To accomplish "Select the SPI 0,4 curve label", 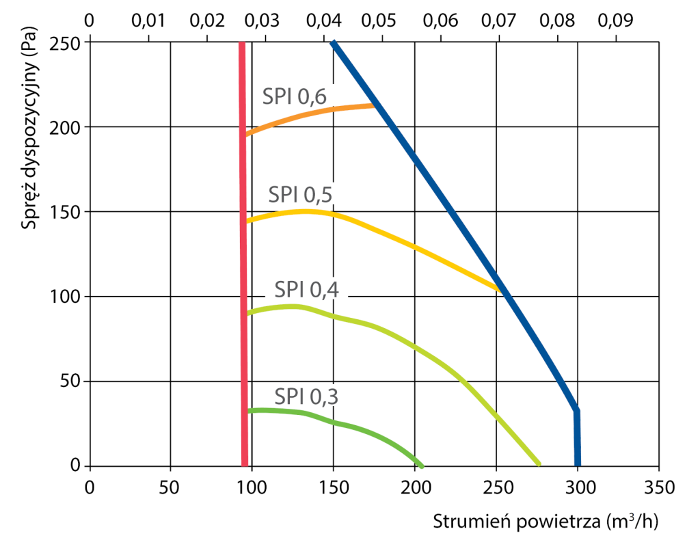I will click(307, 291).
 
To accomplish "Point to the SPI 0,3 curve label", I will click(307, 396).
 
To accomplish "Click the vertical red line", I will click(243, 273).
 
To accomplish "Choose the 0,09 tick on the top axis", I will click(615, 21).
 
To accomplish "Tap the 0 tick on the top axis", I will click(88, 21).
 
